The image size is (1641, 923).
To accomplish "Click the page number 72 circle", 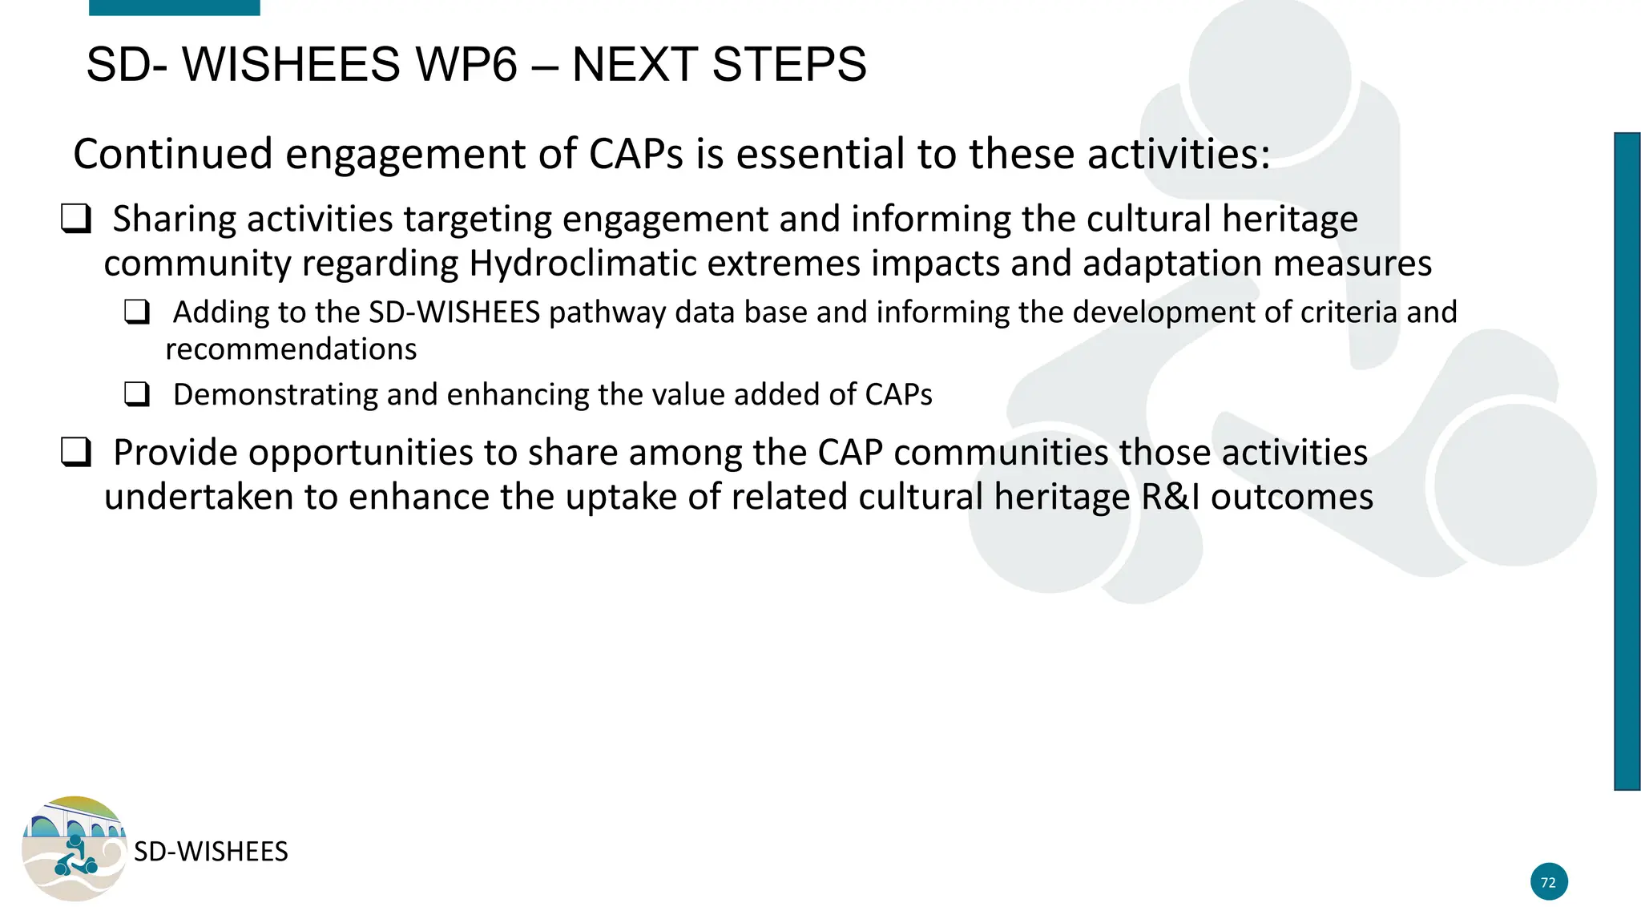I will (1548, 882).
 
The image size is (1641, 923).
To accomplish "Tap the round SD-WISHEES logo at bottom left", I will (74, 848).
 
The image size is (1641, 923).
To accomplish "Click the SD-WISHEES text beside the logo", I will (211, 852).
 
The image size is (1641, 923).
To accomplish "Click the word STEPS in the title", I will (788, 65).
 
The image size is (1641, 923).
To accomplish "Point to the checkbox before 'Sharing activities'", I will (76, 219).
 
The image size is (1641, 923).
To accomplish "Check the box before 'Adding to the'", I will (137, 312).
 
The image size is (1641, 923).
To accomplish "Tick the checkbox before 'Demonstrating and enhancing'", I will (137, 394).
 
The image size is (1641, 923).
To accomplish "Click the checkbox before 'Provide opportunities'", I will (76, 453).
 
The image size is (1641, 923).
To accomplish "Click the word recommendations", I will (291, 349).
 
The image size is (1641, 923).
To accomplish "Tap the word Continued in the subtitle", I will (173, 154).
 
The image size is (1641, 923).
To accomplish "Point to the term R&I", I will (1171, 497).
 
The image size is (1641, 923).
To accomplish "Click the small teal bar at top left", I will (174, 7).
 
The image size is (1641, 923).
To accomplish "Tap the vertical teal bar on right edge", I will (1627, 461).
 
